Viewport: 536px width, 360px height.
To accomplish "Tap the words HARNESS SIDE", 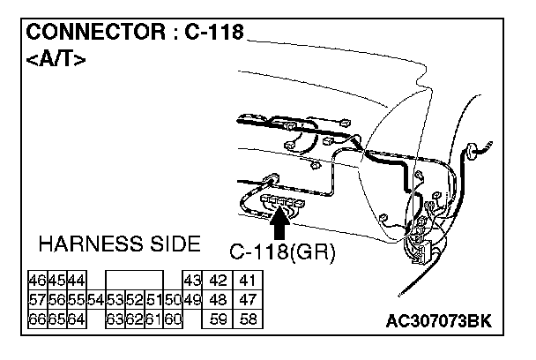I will pos(119,244).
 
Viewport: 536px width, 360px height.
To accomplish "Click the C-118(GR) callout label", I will pos(284,252).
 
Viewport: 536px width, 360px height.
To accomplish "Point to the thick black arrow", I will pos(280,225).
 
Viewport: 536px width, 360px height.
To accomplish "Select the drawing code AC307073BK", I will pos(438,320).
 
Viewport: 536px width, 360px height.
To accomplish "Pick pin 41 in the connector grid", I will pos(248,281).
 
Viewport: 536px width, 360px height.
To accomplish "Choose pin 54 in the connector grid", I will pos(96,300).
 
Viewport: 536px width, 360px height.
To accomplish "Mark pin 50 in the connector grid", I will pos(173,300).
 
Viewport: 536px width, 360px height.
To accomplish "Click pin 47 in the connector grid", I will pos(248,300).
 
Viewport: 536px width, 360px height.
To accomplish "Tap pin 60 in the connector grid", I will pos(173,319).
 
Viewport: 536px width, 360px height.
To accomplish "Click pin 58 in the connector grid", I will pos(248,319).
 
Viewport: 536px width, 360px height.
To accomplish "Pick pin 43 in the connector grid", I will pos(193,281).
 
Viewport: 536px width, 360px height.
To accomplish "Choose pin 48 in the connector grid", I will pos(218,300).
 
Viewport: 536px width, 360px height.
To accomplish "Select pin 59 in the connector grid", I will pos(218,319).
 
